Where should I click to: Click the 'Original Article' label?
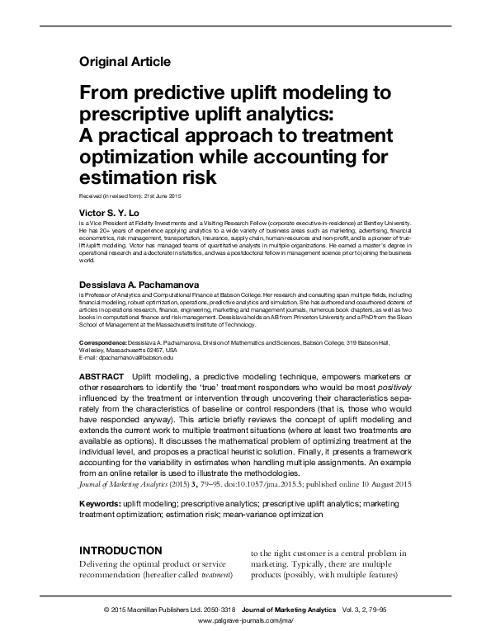(125, 61)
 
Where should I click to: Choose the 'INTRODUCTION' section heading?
(127, 550)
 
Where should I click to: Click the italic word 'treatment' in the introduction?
(214, 573)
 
